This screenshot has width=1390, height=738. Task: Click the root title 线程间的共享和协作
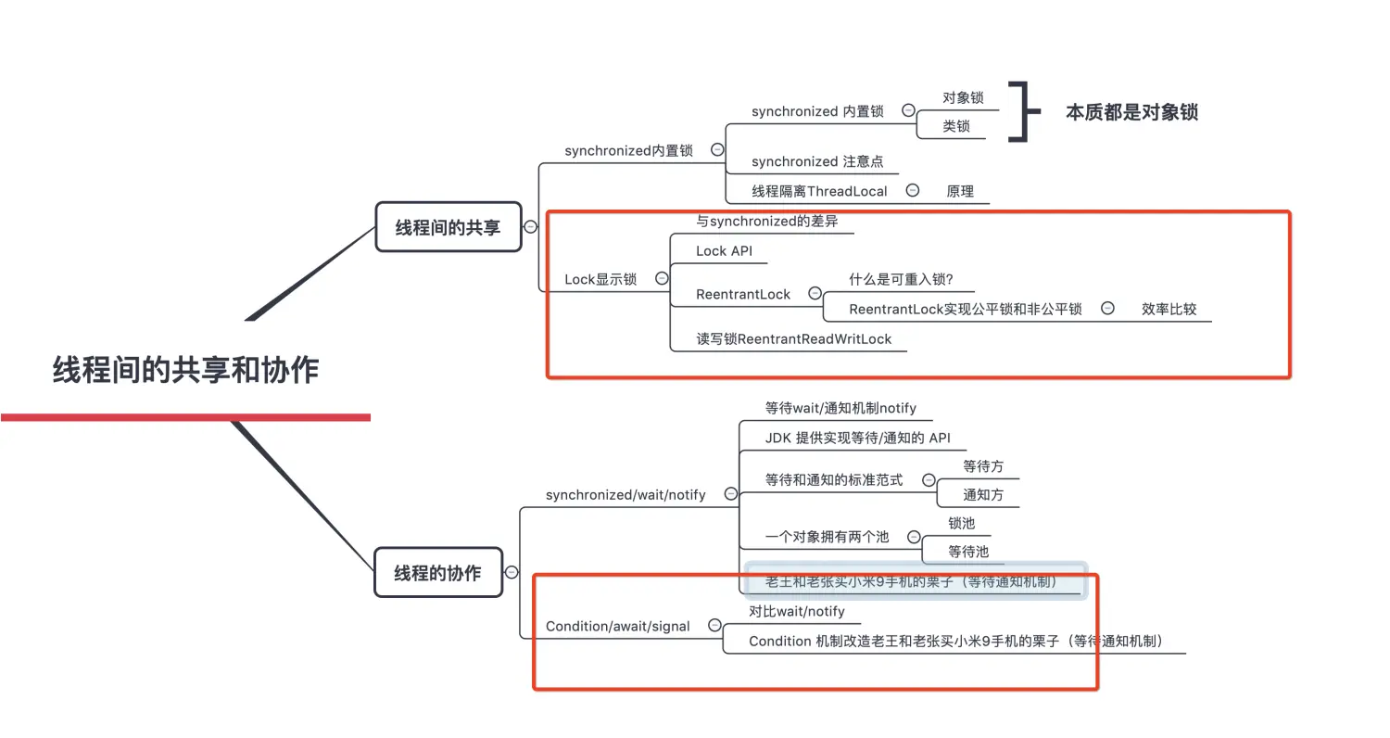click(185, 370)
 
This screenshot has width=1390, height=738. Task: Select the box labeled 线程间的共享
click(449, 227)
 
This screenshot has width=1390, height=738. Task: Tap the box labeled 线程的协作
click(437, 573)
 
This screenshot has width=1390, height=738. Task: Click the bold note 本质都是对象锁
click(1131, 112)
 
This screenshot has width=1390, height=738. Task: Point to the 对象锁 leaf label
click(963, 97)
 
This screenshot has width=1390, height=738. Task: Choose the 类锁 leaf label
click(956, 126)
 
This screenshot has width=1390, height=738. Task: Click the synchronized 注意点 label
click(817, 161)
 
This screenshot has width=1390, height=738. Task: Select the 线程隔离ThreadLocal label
click(819, 191)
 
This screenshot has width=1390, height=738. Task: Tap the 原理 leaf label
click(960, 191)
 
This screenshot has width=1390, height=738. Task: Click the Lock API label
click(724, 251)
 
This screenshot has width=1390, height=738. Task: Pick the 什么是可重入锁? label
click(901, 279)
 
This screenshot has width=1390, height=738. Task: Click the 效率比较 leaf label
click(1169, 309)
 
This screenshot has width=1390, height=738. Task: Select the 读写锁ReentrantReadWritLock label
click(793, 339)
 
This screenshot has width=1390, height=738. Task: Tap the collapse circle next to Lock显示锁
click(662, 278)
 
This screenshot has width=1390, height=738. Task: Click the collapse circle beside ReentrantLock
click(815, 293)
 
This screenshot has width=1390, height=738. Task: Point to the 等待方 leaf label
click(982, 466)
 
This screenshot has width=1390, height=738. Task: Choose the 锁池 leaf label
click(961, 523)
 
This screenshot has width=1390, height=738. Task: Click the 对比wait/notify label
click(797, 612)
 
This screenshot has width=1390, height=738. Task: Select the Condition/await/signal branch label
click(617, 626)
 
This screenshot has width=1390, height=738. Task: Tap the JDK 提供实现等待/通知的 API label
click(857, 438)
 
